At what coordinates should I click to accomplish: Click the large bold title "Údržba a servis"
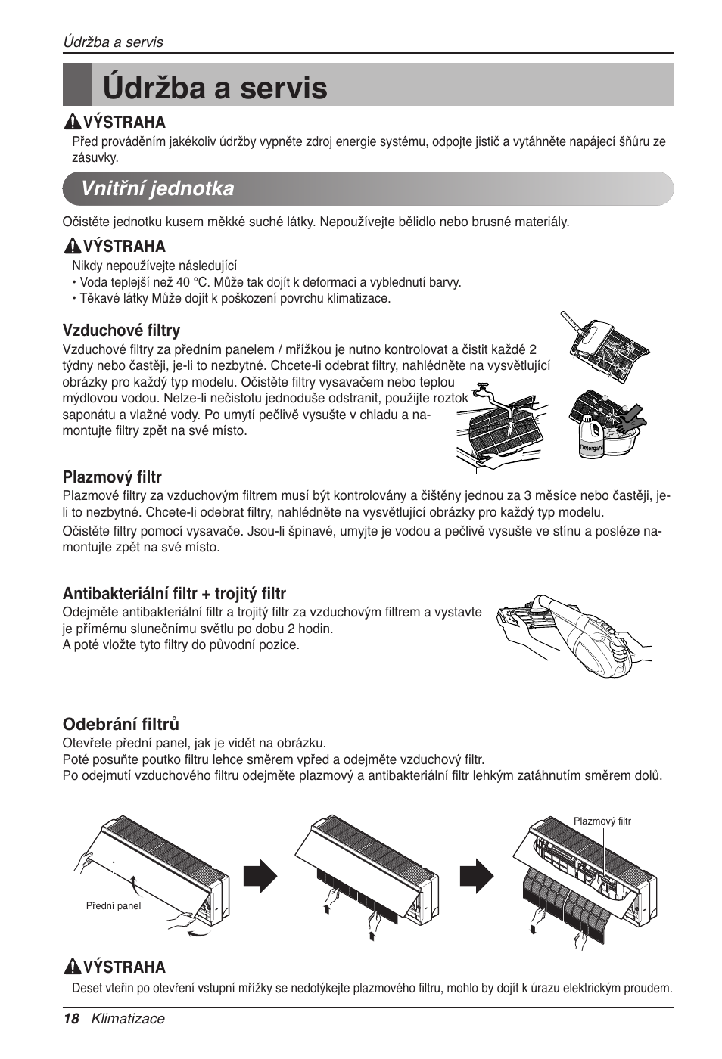click(x=216, y=88)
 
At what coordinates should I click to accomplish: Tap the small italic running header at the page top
click(x=113, y=42)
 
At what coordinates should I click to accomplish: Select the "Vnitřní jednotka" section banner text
click(x=158, y=188)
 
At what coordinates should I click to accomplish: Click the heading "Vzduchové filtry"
click(x=121, y=330)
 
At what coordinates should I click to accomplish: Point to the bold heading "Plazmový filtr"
click(x=112, y=477)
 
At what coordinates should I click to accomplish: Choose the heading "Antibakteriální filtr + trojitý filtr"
click(x=174, y=593)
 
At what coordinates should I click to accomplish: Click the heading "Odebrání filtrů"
click(x=120, y=724)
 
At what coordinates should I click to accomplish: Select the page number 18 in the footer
click(x=70, y=1018)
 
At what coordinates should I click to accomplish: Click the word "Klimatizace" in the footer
click(x=128, y=1018)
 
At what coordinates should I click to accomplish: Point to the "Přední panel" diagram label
click(x=114, y=905)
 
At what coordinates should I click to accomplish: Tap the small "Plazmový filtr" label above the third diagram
click(x=602, y=821)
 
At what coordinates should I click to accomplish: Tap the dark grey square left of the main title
click(x=77, y=85)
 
